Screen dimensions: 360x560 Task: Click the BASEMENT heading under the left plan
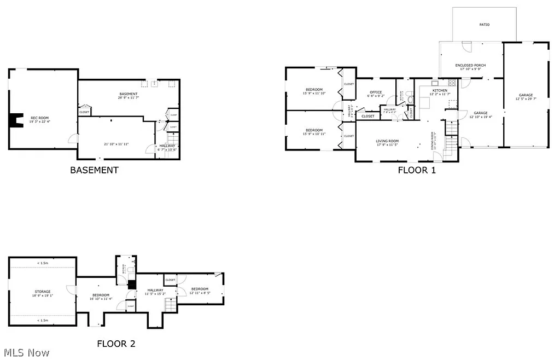coord(94,170)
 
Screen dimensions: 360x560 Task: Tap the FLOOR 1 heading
coord(417,170)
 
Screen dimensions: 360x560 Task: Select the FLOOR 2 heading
coord(116,344)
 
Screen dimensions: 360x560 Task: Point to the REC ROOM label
coord(39,118)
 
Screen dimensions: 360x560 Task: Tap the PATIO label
coord(485,25)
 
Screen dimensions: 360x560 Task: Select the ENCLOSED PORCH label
coord(470,66)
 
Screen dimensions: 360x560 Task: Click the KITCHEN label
coord(440,91)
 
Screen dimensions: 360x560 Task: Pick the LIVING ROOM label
coord(387,141)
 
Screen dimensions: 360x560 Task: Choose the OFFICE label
coord(376,92)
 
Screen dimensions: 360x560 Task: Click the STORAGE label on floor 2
coord(43,292)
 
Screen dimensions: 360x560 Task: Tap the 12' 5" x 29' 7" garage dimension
coord(526,99)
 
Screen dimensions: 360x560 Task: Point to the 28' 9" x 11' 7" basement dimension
coord(129,98)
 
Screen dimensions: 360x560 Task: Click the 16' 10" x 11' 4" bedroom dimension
coord(101,299)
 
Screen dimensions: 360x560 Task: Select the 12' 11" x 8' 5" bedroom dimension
coord(200,293)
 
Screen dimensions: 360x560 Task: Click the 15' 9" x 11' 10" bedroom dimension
coord(314,94)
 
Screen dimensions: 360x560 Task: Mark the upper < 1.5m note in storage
coord(43,263)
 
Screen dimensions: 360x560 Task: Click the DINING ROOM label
coord(433,141)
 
